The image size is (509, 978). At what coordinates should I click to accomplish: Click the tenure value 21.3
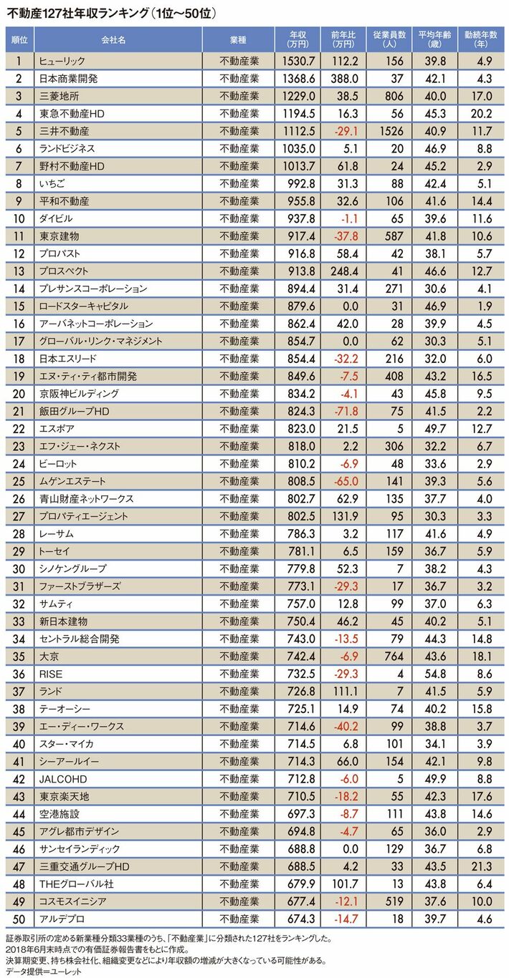477,866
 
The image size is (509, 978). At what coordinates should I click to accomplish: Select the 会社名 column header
108,38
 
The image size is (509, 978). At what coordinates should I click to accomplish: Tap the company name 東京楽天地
59,796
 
